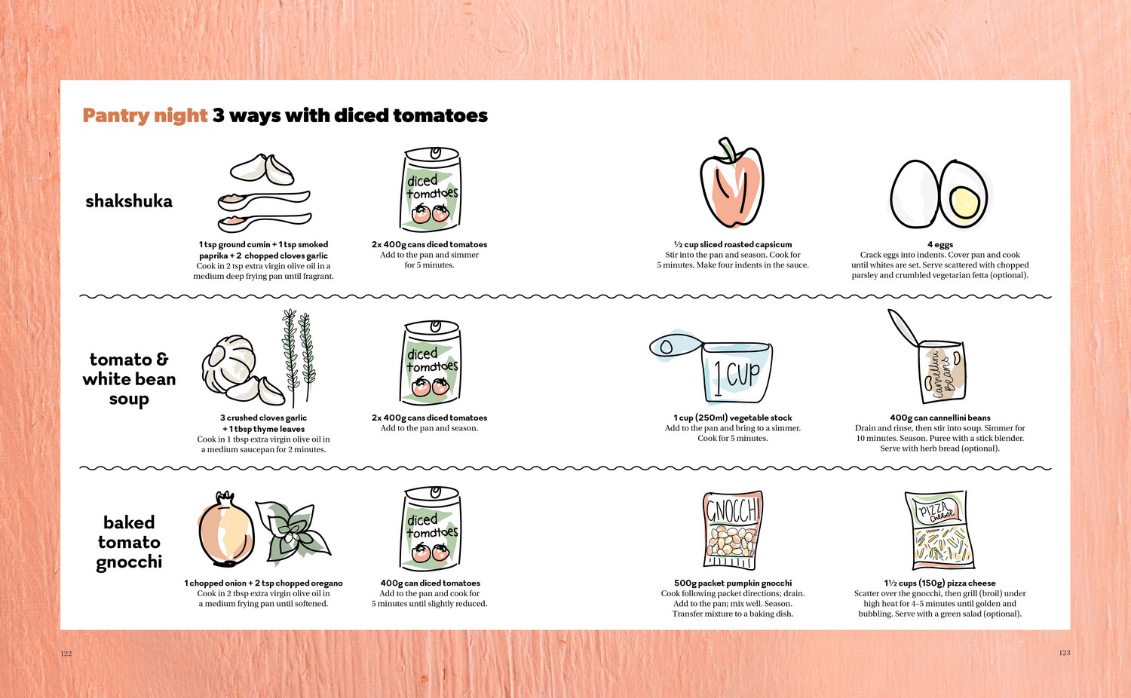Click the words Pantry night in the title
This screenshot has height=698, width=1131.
(x=145, y=116)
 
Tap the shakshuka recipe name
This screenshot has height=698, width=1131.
(x=129, y=201)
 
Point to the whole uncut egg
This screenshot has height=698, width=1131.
(x=915, y=194)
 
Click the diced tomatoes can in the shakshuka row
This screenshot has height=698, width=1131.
(x=431, y=189)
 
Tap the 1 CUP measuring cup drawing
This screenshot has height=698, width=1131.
(x=712, y=366)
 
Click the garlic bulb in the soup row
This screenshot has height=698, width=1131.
(x=228, y=363)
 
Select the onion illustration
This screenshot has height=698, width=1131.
(x=225, y=529)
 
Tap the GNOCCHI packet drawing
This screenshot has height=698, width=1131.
(x=733, y=530)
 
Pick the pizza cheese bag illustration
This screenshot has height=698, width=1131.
(x=939, y=530)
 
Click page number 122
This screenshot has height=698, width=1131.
(x=66, y=654)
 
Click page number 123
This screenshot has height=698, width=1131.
(x=1065, y=653)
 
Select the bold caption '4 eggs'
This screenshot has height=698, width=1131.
(x=940, y=245)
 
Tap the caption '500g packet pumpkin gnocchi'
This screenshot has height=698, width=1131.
(x=733, y=583)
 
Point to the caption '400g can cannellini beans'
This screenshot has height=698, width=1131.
(x=940, y=418)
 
